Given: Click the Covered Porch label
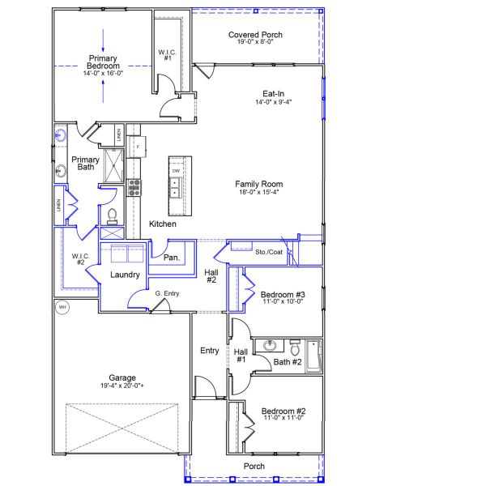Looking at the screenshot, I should pos(255,35).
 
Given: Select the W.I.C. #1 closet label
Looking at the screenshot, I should pos(168,55).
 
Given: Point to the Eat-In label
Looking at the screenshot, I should pos(271,93).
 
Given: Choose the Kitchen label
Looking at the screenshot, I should pos(163,224).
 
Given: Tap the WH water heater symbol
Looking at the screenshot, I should pos(62,307).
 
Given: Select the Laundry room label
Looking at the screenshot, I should pos(125,275).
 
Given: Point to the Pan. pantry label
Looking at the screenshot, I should pos(171,258).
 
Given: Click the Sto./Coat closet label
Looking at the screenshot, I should pos(269,252).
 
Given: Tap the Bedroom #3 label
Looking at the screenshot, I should pos(282,294).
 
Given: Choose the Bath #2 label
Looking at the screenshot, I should pos(287,362).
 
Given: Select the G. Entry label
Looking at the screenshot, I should pos(167,293).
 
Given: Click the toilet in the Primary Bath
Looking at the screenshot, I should pos(113,215).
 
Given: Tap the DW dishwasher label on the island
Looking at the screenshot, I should pos(176,172).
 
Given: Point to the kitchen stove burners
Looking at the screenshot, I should pos(134,188).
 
